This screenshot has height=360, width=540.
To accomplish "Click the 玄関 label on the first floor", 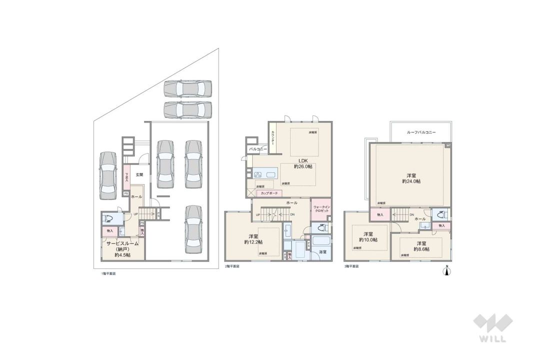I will (139, 174).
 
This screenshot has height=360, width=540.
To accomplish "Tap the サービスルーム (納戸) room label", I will (122, 248).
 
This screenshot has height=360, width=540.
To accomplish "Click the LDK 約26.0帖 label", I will (302, 163).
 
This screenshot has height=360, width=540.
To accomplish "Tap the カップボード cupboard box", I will (269, 192).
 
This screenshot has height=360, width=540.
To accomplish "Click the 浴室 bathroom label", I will (322, 252).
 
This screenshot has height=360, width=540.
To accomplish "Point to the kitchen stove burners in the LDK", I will (258, 174).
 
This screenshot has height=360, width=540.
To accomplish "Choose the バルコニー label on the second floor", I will (257, 149).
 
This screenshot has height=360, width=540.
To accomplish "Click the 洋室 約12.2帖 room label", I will (254, 239).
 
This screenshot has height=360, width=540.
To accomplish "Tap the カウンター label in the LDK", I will (272, 137).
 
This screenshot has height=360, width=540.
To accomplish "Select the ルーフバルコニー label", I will (421, 132).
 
